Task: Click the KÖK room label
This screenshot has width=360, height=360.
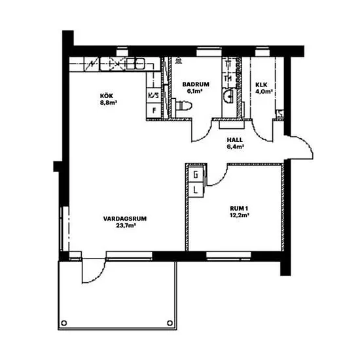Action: click(106, 96)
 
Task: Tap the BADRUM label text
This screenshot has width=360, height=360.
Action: click(196, 84)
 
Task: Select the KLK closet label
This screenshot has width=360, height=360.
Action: click(261, 84)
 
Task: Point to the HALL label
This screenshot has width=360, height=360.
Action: click(234, 140)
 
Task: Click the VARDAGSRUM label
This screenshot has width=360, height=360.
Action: click(125, 219)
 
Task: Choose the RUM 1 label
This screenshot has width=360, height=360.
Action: click(239, 208)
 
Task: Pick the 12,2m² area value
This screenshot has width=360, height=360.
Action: click(240, 215)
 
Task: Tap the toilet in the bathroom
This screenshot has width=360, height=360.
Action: click(182, 105)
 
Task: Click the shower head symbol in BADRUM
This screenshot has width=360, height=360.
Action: click(178, 61)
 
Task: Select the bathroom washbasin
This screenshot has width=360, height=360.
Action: click(228, 96)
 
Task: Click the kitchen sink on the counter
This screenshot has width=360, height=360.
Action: click(135, 63)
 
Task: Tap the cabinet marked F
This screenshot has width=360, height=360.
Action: click(154, 111)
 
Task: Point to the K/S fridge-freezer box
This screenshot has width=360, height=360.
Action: click(154, 96)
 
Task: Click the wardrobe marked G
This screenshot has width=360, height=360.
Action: click(196, 175)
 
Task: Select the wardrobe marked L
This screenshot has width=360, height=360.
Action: click(196, 190)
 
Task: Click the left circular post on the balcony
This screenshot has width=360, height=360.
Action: click(64, 323)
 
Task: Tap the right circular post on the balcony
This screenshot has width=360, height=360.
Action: click(170, 323)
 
